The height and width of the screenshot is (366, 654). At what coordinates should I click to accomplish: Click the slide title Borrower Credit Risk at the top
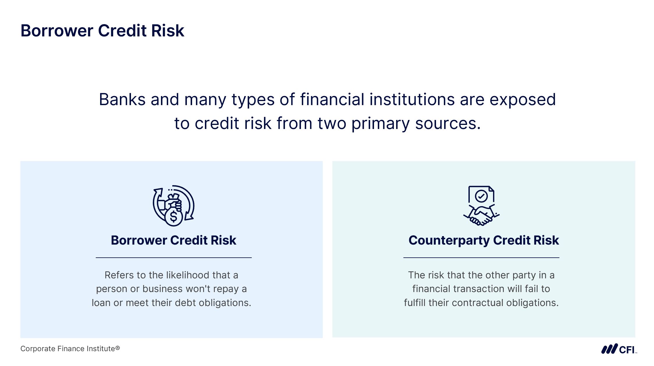pyautogui.click(x=102, y=31)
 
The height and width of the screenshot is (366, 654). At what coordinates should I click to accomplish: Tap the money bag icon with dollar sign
pyautogui.click(x=173, y=206)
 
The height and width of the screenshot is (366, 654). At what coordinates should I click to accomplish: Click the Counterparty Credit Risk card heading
pyautogui.click(x=483, y=241)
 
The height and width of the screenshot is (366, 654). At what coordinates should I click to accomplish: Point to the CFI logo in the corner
pyautogui.click(x=619, y=349)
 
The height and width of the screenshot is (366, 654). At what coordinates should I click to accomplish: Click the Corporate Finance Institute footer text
pyautogui.click(x=70, y=349)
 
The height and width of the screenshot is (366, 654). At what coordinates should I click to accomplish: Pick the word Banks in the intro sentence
pyautogui.click(x=122, y=100)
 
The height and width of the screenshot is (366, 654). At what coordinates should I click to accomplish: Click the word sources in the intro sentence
pyautogui.click(x=448, y=124)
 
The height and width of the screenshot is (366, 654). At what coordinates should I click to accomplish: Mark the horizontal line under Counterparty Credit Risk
pyautogui.click(x=481, y=258)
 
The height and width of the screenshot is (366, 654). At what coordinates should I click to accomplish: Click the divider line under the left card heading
pyautogui.click(x=174, y=258)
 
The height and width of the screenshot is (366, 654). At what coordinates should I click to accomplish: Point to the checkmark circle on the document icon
pyautogui.click(x=481, y=196)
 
